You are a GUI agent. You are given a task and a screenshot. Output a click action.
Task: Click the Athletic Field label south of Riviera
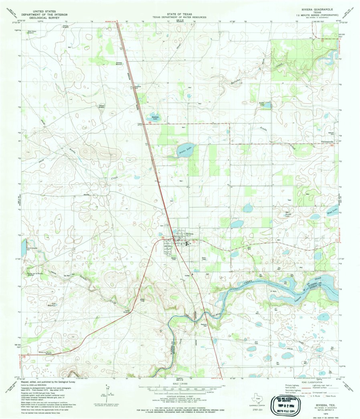[x=174, y=258]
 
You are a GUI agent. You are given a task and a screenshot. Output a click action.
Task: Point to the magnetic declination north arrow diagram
[x=108, y=394]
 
